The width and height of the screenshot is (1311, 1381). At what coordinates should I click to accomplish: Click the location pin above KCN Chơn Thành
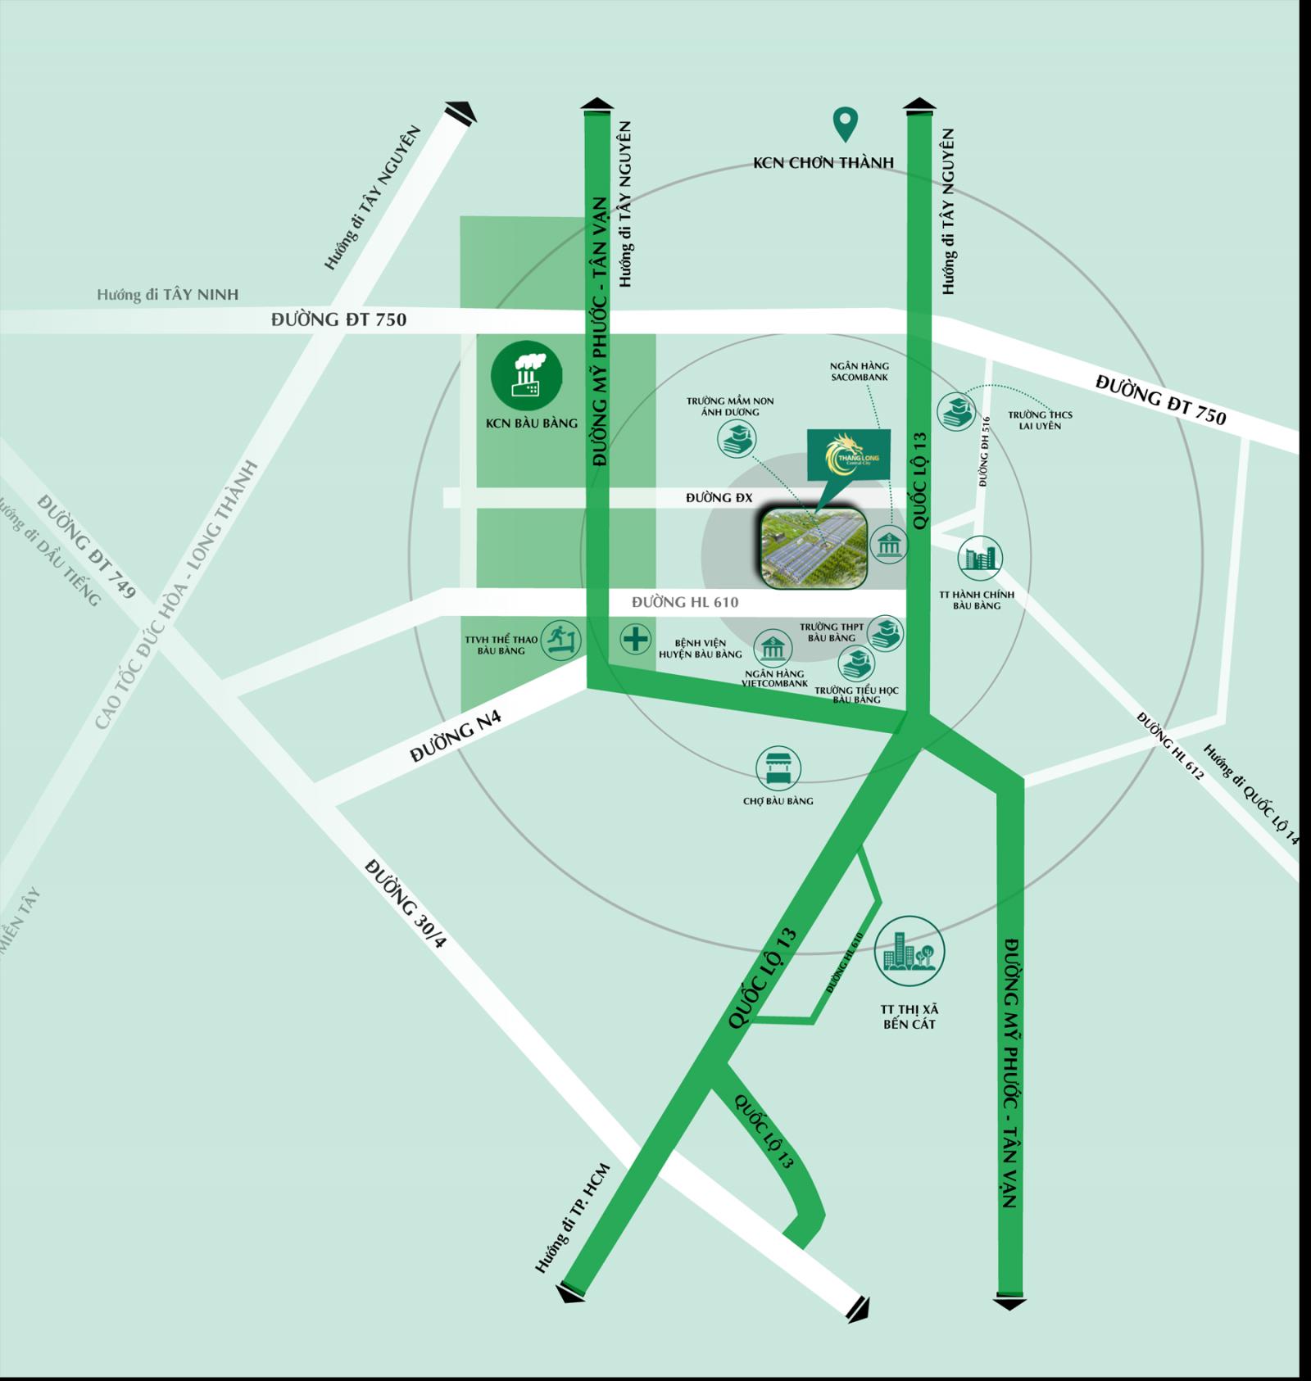click(x=844, y=124)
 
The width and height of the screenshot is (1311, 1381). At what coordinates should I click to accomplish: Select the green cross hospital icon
click(x=635, y=639)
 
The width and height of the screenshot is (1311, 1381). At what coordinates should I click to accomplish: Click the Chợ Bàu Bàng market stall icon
click(x=778, y=768)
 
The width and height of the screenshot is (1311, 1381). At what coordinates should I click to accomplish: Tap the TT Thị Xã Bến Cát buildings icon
click(x=909, y=951)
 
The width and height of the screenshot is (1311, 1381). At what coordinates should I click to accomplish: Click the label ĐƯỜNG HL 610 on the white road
click(x=685, y=602)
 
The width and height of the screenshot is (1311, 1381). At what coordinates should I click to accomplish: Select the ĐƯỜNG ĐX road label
click(x=719, y=497)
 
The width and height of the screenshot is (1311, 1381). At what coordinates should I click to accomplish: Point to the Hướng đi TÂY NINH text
click(x=167, y=294)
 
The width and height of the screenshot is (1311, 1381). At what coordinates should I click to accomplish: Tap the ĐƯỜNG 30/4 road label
click(x=406, y=902)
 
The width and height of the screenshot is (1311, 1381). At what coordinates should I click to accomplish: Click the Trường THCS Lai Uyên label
click(x=1040, y=420)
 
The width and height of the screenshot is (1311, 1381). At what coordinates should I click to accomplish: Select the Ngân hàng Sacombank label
click(x=859, y=371)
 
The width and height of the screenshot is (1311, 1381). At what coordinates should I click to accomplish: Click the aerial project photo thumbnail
click(x=813, y=547)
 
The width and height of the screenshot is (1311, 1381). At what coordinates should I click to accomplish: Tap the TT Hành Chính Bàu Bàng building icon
click(x=979, y=558)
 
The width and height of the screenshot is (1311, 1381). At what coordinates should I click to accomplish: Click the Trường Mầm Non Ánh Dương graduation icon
click(x=736, y=440)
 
